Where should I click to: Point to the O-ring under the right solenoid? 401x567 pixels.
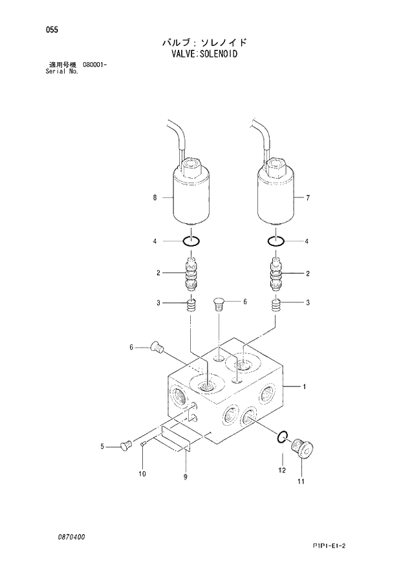coord(277,241)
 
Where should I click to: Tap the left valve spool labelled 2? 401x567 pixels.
coord(192,272)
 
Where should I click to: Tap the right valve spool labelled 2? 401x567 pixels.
coord(277,272)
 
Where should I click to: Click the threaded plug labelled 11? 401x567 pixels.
coord(301,448)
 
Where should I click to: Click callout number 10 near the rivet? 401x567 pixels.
coord(143,474)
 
